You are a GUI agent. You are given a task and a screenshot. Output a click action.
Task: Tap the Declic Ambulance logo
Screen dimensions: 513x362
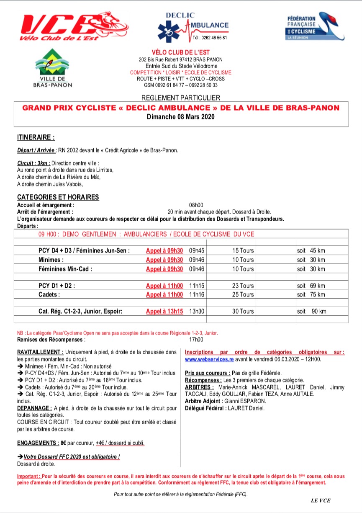193,26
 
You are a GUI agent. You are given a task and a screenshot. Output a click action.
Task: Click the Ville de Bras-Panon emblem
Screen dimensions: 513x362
52,68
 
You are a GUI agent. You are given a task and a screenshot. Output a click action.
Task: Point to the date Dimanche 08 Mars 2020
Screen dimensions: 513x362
181,117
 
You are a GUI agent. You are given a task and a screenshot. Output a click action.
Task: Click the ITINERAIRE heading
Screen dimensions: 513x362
36,137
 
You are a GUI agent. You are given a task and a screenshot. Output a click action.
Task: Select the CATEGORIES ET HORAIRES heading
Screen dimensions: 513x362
58,197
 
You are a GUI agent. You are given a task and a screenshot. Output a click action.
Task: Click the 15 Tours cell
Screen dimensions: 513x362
243,251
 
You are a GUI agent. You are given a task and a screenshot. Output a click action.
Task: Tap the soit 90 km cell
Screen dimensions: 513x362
311,311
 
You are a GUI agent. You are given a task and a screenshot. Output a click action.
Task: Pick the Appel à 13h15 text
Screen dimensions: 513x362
164,311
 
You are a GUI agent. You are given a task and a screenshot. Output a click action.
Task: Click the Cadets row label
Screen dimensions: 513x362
49,294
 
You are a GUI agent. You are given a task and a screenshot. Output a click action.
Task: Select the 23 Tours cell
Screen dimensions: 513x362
243,286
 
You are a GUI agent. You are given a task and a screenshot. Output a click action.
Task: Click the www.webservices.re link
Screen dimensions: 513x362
209,359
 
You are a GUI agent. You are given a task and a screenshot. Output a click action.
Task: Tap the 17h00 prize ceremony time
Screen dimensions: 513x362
196,340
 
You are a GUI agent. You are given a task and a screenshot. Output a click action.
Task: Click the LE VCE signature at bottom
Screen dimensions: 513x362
321,501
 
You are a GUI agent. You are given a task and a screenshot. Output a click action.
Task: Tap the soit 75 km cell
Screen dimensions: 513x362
311,294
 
